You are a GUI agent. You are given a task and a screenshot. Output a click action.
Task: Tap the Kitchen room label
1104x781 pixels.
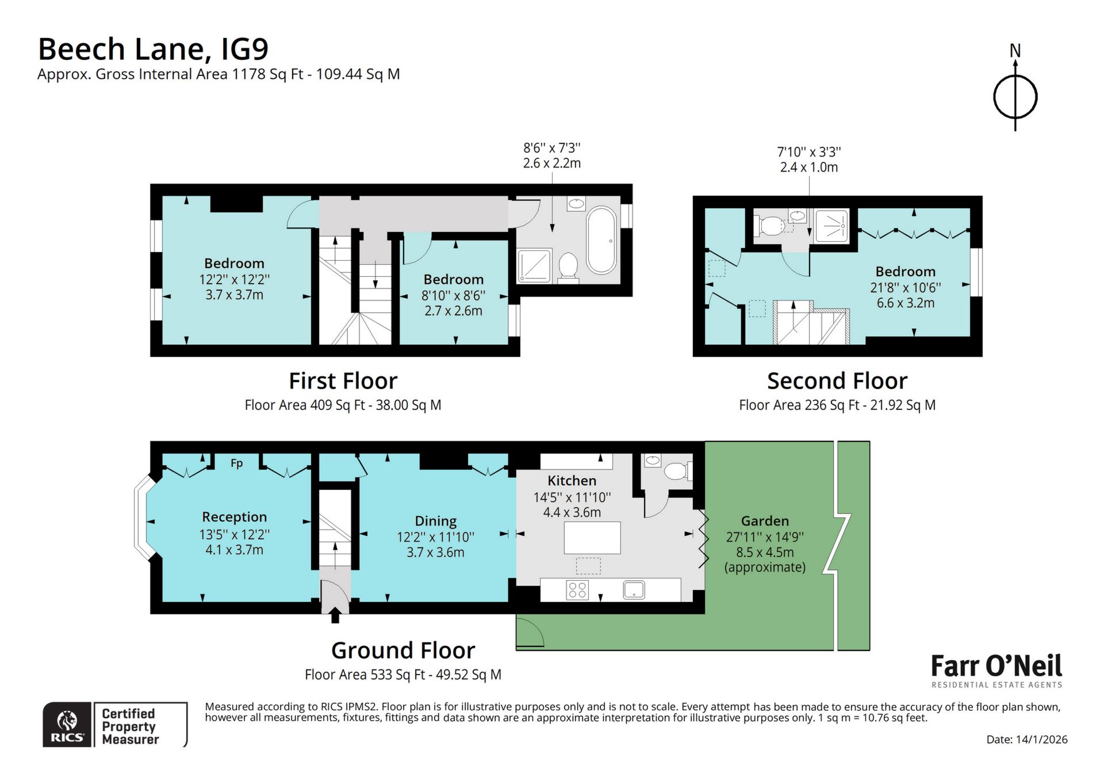572,481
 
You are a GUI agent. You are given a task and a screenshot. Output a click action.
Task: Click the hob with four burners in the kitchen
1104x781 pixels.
577,590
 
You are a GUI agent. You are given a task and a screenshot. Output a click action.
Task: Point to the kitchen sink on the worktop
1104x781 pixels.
634,590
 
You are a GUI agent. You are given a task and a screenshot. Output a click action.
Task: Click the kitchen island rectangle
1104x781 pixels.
592,538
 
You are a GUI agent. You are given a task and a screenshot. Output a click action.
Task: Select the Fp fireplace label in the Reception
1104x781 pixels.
236,463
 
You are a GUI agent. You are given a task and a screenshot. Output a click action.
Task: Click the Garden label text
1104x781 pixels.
765,521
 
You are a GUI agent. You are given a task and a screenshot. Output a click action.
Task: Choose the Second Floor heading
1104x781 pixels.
837,381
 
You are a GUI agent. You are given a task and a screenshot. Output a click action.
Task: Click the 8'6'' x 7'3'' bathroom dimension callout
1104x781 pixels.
552,155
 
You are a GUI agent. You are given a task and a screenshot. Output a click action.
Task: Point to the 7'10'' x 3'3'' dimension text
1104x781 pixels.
809,159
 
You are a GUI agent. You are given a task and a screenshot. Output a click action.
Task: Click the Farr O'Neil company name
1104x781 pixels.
996,666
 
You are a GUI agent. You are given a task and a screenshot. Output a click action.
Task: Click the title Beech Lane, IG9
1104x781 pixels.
153,49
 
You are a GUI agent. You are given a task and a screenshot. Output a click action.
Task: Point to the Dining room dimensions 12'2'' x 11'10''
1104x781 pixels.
435,536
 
